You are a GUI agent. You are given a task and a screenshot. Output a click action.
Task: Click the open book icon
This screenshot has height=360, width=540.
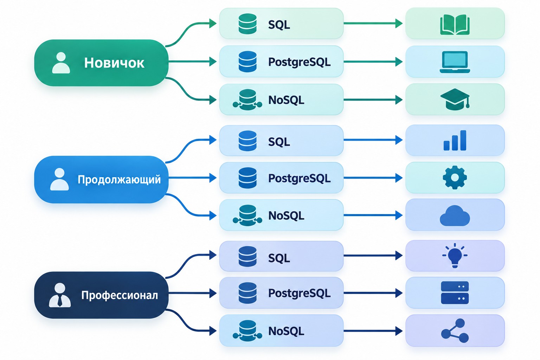(455, 25)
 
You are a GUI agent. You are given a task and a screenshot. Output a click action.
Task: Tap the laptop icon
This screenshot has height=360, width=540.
(455, 62)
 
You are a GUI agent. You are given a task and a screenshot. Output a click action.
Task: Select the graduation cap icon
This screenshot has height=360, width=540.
(455, 99)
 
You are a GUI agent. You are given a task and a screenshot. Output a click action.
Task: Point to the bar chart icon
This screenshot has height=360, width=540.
(455, 140)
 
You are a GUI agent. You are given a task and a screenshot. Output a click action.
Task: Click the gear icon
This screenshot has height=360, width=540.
(455, 178)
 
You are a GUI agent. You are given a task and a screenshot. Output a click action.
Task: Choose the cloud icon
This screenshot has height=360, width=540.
(455, 216)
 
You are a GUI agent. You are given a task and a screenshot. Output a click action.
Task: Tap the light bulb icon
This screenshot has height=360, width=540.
(455, 256)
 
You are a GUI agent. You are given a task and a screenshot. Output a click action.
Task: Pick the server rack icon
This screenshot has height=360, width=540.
(455, 293)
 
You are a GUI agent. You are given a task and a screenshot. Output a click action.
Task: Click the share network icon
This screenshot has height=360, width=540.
(455, 330)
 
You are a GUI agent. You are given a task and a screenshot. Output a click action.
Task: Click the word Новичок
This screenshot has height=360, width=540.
(114, 63)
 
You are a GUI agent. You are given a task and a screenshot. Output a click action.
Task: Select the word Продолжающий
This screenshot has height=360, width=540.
(119, 180)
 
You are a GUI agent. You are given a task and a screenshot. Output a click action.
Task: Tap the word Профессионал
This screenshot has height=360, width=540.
(120, 295)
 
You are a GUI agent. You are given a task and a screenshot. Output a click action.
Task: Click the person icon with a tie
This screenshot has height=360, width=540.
(60, 295)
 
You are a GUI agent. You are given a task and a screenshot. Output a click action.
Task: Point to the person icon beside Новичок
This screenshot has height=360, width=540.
(61, 63)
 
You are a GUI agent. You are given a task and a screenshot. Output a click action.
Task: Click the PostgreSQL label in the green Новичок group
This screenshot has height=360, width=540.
(300, 62)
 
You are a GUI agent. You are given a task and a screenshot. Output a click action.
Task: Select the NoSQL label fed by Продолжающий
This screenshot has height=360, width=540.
(286, 216)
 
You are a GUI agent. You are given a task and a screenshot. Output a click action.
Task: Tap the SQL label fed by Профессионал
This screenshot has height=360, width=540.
(279, 258)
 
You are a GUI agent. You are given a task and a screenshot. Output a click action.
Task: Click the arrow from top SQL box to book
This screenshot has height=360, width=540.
(373, 24)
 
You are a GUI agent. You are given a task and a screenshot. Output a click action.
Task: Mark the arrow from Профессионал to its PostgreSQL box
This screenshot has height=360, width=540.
(192, 293)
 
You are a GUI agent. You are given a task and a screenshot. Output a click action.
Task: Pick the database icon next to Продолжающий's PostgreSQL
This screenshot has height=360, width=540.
(247, 178)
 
